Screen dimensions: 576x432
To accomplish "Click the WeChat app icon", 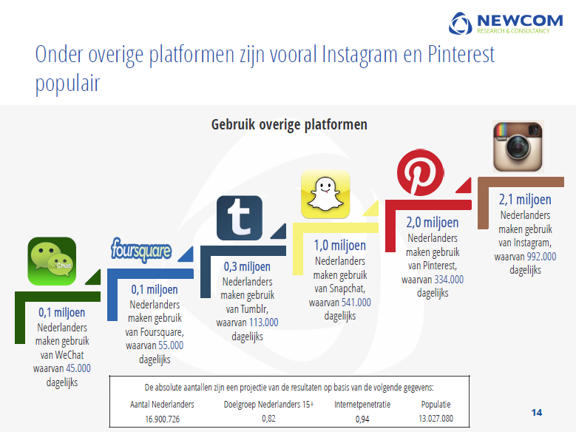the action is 52,261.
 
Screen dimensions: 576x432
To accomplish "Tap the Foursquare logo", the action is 141,250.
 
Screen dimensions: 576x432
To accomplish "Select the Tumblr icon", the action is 240,217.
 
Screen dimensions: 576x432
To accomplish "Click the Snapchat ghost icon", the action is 325,194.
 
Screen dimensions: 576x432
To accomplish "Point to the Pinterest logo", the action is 420,172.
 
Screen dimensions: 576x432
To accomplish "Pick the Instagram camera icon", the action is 518,146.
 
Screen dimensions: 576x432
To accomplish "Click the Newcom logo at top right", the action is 506,23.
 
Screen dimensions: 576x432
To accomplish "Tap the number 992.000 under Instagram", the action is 541,256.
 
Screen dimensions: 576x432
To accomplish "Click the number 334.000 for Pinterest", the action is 449,280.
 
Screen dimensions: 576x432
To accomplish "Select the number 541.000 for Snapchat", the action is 356,303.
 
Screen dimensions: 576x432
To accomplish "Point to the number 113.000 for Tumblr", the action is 263,323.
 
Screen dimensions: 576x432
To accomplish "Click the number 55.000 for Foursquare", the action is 171,345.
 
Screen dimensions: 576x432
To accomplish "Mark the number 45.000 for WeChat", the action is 78,368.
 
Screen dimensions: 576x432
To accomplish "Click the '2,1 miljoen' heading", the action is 525,199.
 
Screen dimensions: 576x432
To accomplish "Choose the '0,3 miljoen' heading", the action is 247,266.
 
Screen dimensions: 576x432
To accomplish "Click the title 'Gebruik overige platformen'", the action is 289,124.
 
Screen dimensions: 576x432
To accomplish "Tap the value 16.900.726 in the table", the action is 162,419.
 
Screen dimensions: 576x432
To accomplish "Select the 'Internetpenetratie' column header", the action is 362,405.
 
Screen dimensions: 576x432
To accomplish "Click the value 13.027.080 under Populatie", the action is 436,419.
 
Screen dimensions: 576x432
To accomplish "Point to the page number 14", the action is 537,413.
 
